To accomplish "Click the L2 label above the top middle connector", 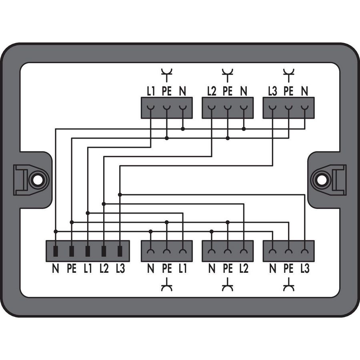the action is (x=212, y=91).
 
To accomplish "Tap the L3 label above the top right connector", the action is (x=272, y=91).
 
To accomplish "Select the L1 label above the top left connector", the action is (x=151, y=91).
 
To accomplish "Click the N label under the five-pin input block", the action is (x=56, y=268).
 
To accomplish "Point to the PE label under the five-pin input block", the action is (x=72, y=268).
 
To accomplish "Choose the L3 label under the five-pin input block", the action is (x=120, y=268).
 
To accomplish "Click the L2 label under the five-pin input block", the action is (x=104, y=268).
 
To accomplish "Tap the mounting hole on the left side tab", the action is (x=38, y=180).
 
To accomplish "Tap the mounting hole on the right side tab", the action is (x=322, y=180).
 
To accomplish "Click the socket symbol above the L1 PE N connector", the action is (x=167, y=75).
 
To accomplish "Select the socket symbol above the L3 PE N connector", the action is (x=288, y=75).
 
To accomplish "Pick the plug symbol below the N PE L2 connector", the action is (x=228, y=285).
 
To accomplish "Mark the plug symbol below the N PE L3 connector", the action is (x=288, y=285).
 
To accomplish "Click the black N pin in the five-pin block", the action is (x=56, y=251).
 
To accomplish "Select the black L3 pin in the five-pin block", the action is (x=120, y=251).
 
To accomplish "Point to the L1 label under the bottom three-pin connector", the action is (x=183, y=268).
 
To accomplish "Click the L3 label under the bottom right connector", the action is (x=305, y=268).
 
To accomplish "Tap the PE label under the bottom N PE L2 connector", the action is (x=228, y=268).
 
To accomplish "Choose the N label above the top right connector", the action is (x=304, y=91).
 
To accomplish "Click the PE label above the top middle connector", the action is (x=228, y=91).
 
